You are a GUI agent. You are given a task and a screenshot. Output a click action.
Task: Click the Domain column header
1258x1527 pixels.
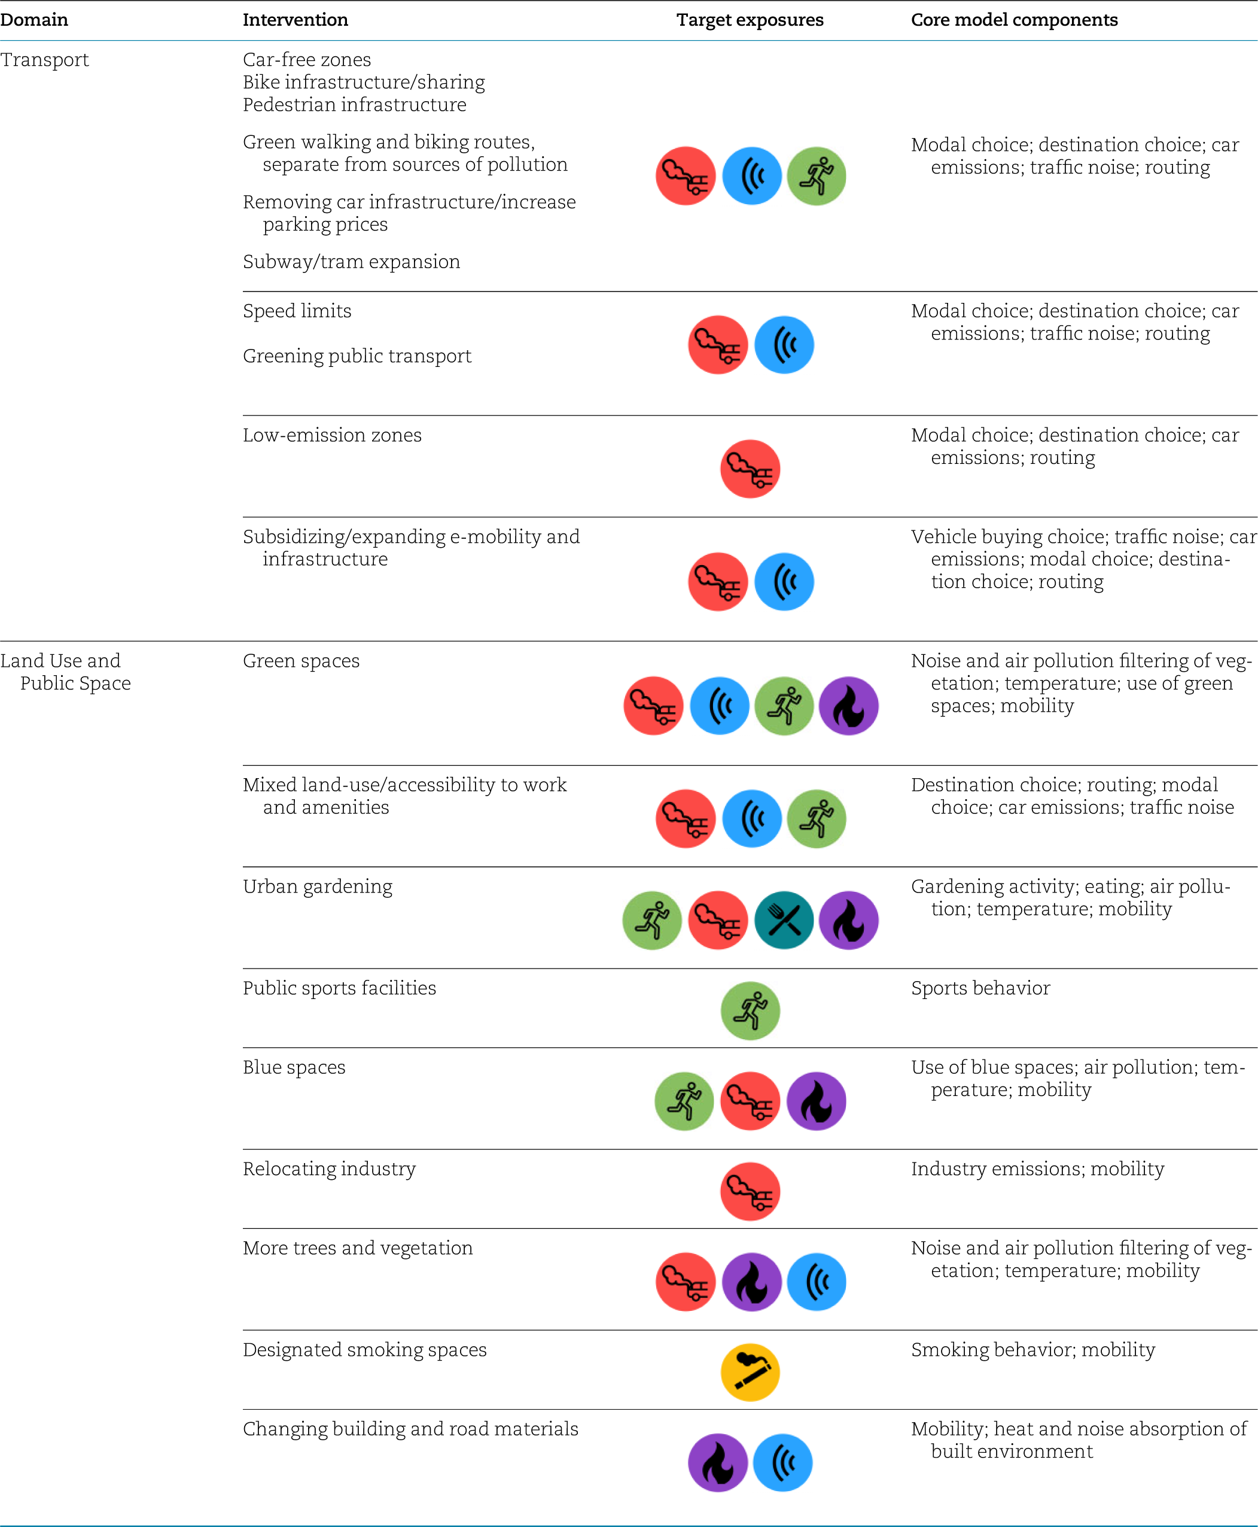pyautogui.click(x=34, y=20)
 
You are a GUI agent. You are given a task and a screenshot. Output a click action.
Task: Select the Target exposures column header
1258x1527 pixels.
pyautogui.click(x=750, y=20)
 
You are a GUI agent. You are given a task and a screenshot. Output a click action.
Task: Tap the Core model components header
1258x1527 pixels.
pyautogui.click(x=1014, y=20)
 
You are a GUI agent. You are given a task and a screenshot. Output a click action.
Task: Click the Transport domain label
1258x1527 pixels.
pyautogui.click(x=44, y=59)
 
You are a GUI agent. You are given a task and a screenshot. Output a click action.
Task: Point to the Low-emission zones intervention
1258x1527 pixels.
pyautogui.click(x=332, y=435)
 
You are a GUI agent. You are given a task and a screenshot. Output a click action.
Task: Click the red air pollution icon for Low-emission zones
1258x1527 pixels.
pyautogui.click(x=750, y=469)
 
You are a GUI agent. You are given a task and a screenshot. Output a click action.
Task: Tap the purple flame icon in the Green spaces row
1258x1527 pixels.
pyautogui.click(x=849, y=706)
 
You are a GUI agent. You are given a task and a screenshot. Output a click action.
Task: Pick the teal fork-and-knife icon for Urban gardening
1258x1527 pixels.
pyautogui.click(x=784, y=920)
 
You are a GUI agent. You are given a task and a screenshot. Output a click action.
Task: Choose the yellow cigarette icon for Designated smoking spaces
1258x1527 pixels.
pyautogui.click(x=750, y=1372)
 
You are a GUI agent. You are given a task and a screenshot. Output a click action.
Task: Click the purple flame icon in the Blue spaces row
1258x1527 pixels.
pyautogui.click(x=816, y=1101)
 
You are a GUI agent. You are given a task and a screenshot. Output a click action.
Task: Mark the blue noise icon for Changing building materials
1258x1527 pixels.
pyautogui.click(x=782, y=1462)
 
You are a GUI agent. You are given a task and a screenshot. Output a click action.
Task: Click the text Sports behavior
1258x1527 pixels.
pyautogui.click(x=980, y=988)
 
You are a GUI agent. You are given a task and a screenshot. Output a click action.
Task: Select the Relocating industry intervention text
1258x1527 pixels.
pyautogui.click(x=329, y=1169)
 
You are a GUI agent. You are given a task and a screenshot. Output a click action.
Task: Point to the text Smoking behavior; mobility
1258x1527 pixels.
pyautogui.click(x=1032, y=1349)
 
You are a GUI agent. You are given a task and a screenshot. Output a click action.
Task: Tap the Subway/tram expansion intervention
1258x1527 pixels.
pyautogui.click(x=352, y=262)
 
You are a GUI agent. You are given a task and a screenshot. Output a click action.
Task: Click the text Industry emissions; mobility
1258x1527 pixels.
pyautogui.click(x=1037, y=1169)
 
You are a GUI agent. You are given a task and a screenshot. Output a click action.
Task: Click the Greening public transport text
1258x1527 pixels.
pyautogui.click(x=357, y=356)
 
